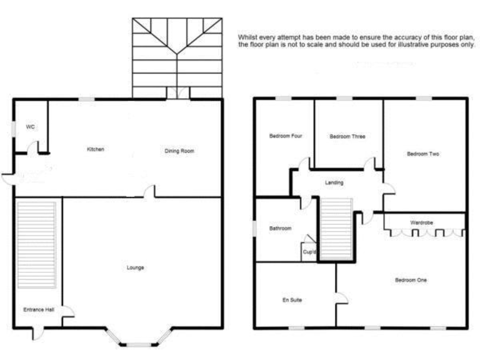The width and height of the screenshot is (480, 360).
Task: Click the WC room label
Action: (x=30, y=127)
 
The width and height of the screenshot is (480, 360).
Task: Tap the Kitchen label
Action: (x=96, y=149)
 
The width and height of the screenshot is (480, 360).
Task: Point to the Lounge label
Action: (x=136, y=267)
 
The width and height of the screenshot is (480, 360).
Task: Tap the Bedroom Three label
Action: (x=347, y=136)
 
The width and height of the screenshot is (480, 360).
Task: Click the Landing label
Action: (x=334, y=182)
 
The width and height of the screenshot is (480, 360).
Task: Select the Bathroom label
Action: (x=281, y=228)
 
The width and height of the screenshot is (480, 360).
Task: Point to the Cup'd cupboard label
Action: (x=309, y=252)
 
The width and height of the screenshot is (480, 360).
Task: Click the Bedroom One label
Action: (x=411, y=280)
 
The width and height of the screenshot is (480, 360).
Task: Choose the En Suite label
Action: (x=292, y=300)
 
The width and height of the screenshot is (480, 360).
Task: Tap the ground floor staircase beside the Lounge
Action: (x=37, y=244)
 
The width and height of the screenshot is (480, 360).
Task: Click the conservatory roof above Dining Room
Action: (x=177, y=56)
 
